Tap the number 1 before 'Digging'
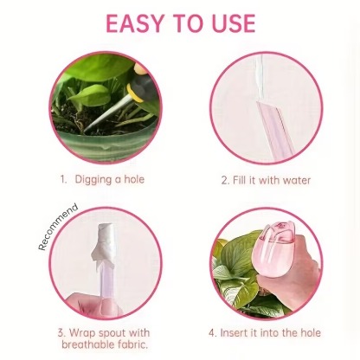[63, 180]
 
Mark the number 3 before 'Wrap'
[60, 332]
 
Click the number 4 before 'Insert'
[212, 332]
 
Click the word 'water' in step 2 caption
[293, 180]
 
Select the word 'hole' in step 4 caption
[307, 332]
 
